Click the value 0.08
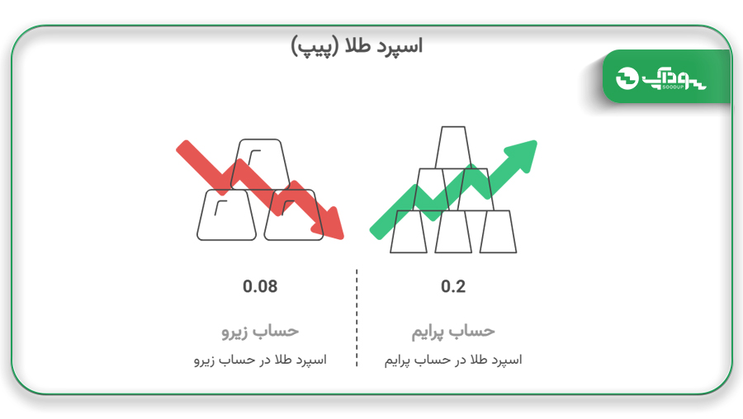[260, 286]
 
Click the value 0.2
[453, 286]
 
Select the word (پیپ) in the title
[315, 47]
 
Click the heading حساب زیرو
[260, 331]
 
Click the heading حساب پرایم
[453, 331]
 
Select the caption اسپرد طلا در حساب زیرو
[260, 360]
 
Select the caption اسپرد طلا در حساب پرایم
[453, 360]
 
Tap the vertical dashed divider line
[357, 318]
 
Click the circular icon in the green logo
[627, 78]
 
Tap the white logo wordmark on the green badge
[674, 79]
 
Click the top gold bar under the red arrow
[260, 164]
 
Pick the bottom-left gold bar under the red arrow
[226, 215]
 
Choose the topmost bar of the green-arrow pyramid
[453, 148]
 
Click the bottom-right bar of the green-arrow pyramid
[498, 232]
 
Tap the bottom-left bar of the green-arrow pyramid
[409, 232]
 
